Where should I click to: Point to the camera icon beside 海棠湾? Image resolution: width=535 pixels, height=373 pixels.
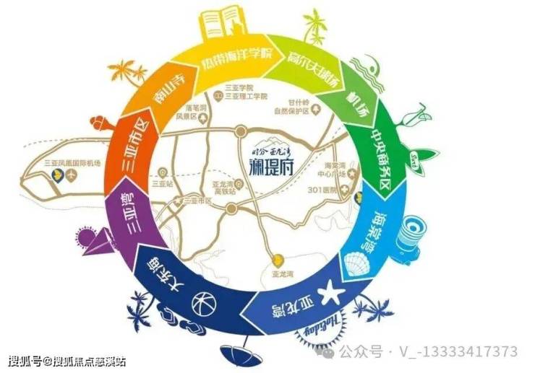tap(415, 232)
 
